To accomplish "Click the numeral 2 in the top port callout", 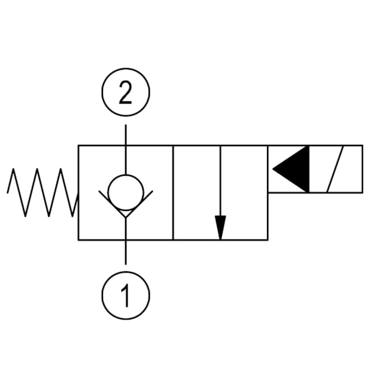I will coord(126,94).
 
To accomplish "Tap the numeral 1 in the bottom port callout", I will coord(126,296).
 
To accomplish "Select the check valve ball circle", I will coord(126,192).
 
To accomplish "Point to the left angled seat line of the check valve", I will coord(111,203).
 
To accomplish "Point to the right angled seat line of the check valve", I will coord(141,203).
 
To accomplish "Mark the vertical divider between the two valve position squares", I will coord(173,192).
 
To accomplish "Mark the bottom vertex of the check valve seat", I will coord(126,217).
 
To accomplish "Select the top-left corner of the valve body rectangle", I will coord(78,146).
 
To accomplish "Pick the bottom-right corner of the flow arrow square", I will coord(268,239).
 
